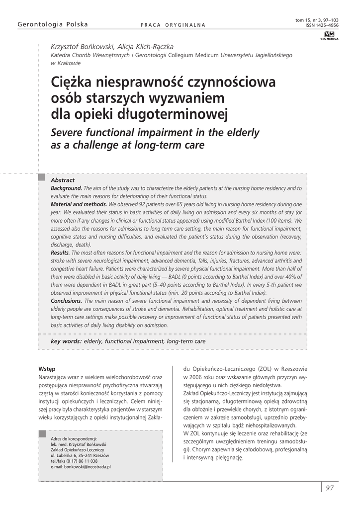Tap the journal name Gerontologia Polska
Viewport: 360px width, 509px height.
[x=53, y=24]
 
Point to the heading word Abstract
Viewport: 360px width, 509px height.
[x=63, y=180]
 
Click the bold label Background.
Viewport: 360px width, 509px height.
[x=66, y=188]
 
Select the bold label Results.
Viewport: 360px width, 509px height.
[x=60, y=253]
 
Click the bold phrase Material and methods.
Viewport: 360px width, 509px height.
[x=79, y=204]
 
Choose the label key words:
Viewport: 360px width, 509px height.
[x=66, y=341]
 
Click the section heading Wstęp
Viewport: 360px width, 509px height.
[x=47, y=369]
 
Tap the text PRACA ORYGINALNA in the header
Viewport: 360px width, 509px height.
[x=173, y=25]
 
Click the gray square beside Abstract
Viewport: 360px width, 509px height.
[x=42, y=177]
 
